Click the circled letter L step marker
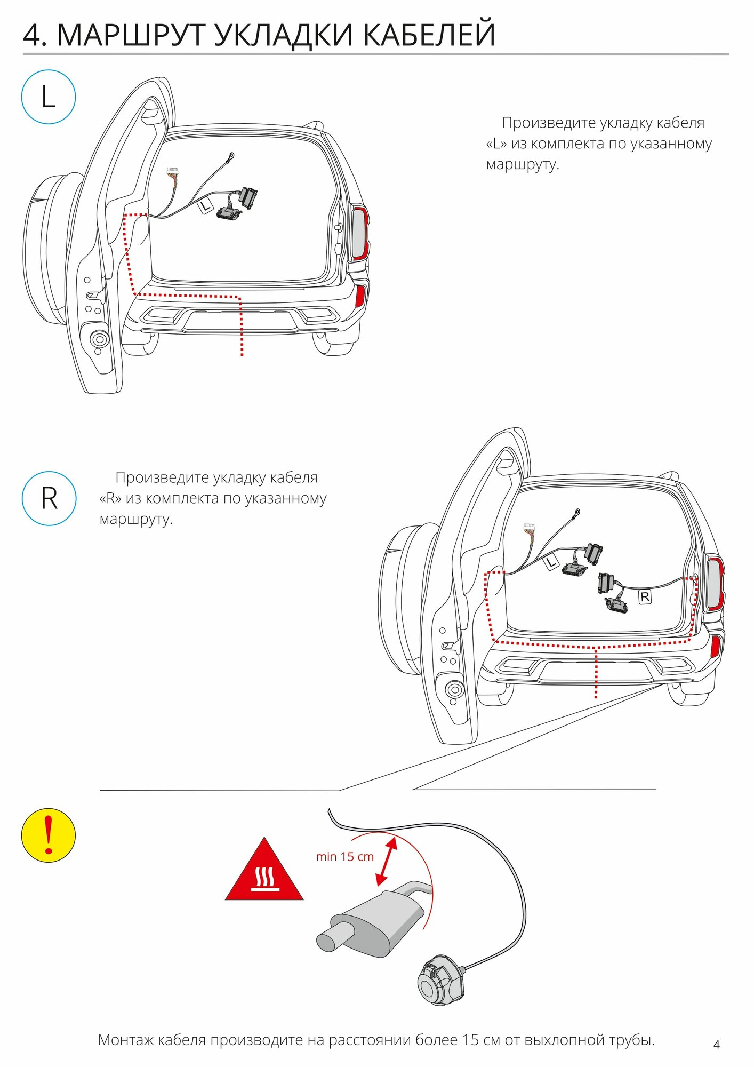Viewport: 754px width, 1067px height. point(49,97)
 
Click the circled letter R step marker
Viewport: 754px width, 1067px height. point(49,498)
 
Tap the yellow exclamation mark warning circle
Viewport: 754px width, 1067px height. point(49,835)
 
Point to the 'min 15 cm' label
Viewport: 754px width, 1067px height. point(344,857)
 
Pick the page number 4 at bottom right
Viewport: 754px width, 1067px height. point(716,1045)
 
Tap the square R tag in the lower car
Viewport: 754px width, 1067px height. point(645,597)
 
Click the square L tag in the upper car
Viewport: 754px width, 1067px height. point(206,205)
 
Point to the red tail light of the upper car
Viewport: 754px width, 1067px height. point(360,234)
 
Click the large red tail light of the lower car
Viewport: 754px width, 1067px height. point(715,584)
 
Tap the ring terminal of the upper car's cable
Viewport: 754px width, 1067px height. point(231,156)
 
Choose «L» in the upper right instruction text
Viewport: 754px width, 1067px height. point(496,144)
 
